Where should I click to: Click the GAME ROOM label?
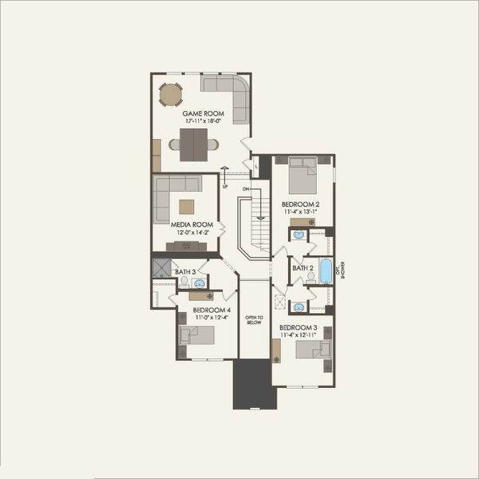click(x=203, y=114)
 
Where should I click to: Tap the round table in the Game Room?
click(x=171, y=95)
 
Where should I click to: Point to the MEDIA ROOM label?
click(x=192, y=225)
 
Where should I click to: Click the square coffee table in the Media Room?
click(x=186, y=205)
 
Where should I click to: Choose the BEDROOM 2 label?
click(x=301, y=205)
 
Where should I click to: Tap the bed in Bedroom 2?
click(x=303, y=176)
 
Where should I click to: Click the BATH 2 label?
click(x=303, y=268)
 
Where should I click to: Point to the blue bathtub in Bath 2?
click(x=326, y=271)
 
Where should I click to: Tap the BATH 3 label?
click(x=185, y=272)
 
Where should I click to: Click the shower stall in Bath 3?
click(x=162, y=268)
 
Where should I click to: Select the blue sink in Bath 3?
click(x=200, y=283)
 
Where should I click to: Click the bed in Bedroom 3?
click(x=313, y=350)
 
